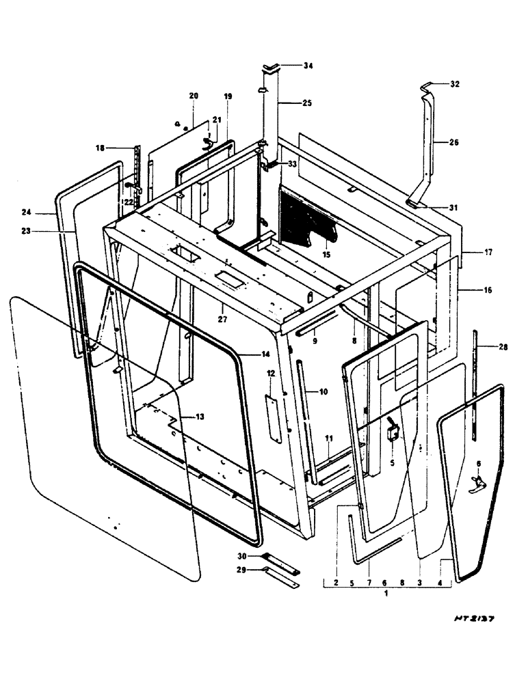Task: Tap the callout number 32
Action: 455,84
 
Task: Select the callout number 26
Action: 455,143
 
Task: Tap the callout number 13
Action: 199,417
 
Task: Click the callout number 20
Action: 194,96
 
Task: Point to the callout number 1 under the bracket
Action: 386,594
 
